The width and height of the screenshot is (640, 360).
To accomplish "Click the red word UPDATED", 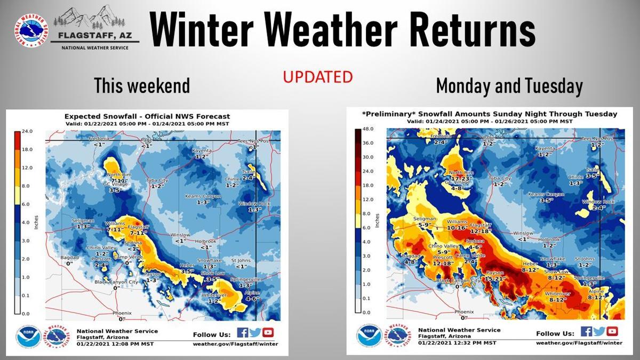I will [x=318, y=77].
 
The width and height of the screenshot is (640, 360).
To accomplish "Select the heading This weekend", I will [x=142, y=85].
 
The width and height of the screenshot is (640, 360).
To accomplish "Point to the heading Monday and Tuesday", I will [x=509, y=86].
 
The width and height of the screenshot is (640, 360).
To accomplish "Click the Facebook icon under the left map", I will [x=242, y=332].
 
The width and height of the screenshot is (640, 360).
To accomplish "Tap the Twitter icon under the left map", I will [x=255, y=332].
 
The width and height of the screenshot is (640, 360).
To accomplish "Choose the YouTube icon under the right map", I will [x=612, y=331].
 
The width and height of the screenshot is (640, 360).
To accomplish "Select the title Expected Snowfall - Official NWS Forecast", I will [x=147, y=116].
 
